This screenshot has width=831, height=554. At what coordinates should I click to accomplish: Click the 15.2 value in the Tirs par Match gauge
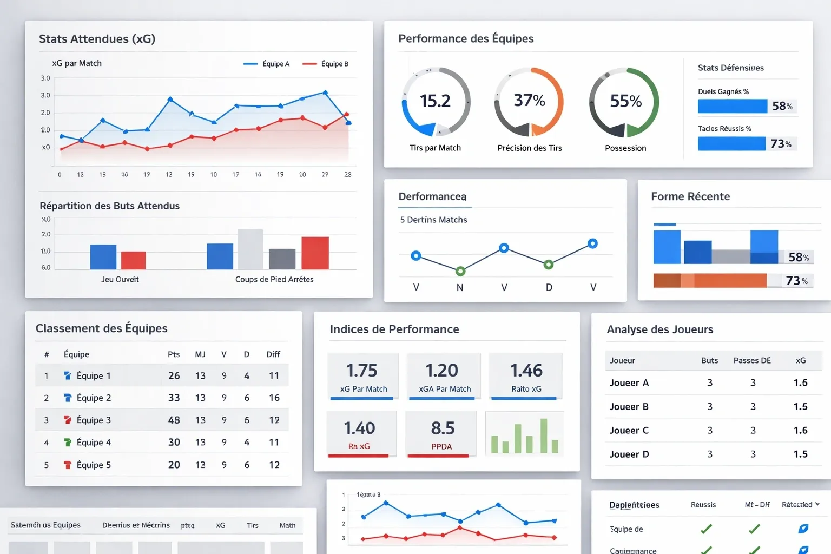pos(435,101)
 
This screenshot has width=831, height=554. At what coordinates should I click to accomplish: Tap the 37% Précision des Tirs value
pos(529,101)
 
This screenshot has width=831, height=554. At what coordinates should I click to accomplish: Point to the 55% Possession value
pos(625,101)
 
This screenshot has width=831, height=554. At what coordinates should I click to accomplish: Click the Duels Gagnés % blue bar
pos(732,106)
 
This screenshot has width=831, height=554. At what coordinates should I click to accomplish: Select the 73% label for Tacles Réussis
pos(781,144)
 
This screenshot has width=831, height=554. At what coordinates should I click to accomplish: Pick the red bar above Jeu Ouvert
pos(133,260)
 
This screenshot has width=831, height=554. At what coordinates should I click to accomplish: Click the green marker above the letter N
pos(460,271)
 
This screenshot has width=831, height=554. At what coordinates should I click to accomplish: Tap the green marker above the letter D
pos(549,265)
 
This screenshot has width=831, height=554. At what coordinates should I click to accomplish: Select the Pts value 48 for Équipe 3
pos(174,420)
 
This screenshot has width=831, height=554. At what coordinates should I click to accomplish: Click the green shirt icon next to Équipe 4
pos(68,443)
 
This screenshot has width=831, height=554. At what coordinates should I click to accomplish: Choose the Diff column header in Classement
pos(273,354)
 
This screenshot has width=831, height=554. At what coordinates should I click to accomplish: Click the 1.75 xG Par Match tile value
pos(361,371)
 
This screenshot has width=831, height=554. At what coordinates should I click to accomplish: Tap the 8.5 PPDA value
pos(442,428)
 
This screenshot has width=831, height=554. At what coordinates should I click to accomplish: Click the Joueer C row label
pos(629,431)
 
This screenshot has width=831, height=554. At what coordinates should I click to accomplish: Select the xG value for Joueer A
pos(800,383)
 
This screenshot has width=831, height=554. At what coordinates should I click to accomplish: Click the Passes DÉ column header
pos(751,361)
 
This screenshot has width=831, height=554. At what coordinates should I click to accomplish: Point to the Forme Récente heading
pos(690,197)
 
